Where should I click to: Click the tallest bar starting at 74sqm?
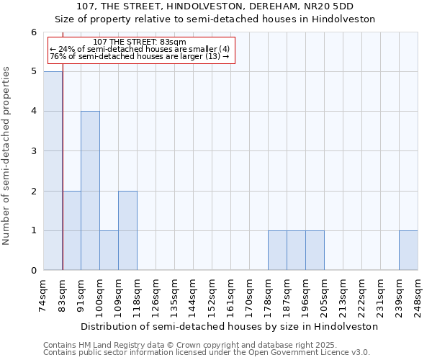[53, 171]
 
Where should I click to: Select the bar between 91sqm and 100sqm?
[90, 191]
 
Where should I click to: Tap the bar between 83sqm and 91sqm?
[71, 230]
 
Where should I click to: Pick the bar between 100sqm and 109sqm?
[109, 251]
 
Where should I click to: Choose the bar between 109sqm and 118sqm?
[127, 230]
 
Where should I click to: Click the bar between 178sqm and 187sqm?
[277, 251]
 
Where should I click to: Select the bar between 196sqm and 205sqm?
[315, 251]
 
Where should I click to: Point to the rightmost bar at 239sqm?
[408, 251]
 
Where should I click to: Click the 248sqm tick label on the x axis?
[418, 295]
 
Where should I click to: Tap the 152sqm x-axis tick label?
[212, 295]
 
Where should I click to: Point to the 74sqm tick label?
[44, 295]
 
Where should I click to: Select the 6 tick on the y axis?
[33, 32]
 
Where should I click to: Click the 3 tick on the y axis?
[33, 151]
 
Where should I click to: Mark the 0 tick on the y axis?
[33, 271]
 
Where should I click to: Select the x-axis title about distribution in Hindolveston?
[229, 326]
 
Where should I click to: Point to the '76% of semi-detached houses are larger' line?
[140, 56]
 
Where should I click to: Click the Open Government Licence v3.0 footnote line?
[206, 352]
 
